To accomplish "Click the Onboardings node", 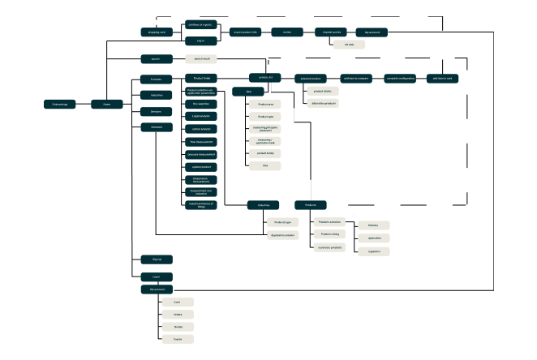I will (60, 104).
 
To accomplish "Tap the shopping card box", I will (156, 32).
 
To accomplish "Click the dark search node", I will (156, 58).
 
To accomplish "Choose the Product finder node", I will (202, 77).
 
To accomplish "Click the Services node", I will (157, 111).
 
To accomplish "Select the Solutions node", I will (157, 127).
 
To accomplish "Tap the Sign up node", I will (157, 259).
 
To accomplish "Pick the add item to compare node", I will (356, 78).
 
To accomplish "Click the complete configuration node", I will (401, 78).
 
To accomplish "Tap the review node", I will (287, 32).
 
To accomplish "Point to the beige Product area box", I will (264, 105).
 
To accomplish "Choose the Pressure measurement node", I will (201, 153).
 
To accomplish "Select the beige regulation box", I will (374, 251).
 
